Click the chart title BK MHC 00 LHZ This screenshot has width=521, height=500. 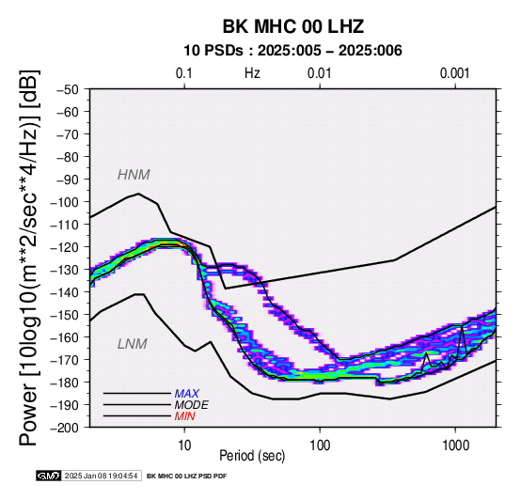(x=293, y=26)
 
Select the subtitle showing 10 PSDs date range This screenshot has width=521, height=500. (x=292, y=51)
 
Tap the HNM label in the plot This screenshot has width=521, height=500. (x=134, y=175)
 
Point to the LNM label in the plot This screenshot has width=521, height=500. (x=133, y=344)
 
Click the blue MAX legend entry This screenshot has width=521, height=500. (x=187, y=394)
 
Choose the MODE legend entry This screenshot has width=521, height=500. (x=192, y=405)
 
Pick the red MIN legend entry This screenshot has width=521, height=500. (x=184, y=416)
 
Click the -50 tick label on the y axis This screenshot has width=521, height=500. (x=68, y=89)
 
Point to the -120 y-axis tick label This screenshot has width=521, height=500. (x=64, y=247)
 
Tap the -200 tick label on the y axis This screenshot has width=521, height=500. (x=64, y=428)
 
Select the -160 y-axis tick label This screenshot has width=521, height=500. (x=64, y=337)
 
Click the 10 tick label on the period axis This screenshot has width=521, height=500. (x=184, y=445)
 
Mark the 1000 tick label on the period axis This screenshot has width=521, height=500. (x=455, y=445)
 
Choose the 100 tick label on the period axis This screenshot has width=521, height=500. (x=320, y=445)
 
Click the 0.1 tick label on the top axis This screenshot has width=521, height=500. (x=184, y=73)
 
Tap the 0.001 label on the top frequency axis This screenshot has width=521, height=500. (x=454, y=73)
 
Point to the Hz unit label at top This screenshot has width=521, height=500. (x=252, y=73)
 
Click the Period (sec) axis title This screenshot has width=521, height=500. (x=252, y=456)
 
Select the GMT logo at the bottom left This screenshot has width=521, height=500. (x=49, y=476)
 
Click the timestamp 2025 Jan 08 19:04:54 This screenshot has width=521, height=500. (x=101, y=476)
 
